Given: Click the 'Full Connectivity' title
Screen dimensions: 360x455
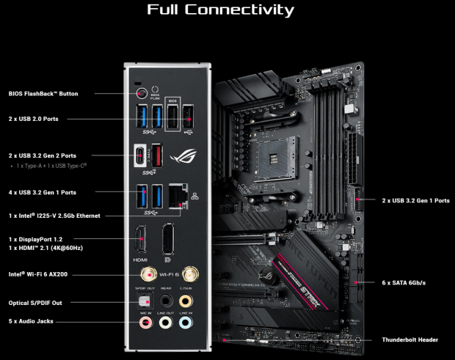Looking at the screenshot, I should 220,10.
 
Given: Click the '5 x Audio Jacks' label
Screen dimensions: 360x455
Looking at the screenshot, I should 31,321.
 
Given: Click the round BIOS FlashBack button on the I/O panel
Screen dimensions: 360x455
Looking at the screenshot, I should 139,93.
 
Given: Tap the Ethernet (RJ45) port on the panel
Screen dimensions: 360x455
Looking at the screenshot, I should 177,196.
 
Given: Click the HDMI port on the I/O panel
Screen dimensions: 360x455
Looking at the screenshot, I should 140,242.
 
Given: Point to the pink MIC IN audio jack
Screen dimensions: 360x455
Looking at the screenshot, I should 147,321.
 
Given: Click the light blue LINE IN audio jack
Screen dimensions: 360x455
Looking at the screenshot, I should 186,321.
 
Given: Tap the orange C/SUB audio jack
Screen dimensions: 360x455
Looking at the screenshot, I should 186,300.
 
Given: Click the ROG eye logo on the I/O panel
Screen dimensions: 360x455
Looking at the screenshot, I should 181,155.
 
